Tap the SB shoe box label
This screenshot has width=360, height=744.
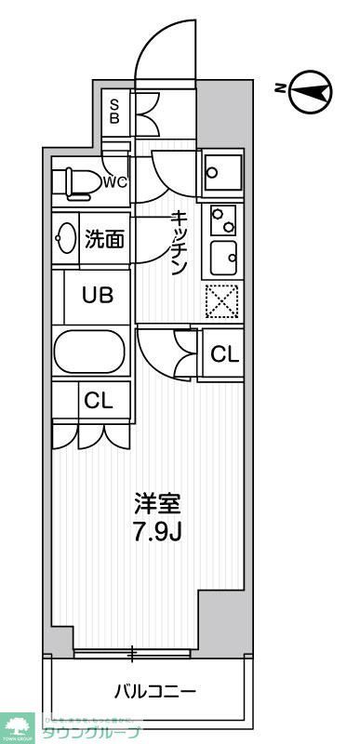[115, 112]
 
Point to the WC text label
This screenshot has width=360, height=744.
[115, 181]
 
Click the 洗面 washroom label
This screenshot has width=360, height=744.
[104, 240]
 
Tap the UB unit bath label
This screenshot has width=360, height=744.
[98, 296]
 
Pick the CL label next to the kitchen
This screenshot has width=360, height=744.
[224, 353]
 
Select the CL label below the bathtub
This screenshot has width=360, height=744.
[98, 401]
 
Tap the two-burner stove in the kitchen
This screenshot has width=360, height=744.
[223, 219]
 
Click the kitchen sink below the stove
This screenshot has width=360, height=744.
[223, 256]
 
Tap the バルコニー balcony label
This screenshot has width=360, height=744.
[154, 691]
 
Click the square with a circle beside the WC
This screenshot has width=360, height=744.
[223, 171]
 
